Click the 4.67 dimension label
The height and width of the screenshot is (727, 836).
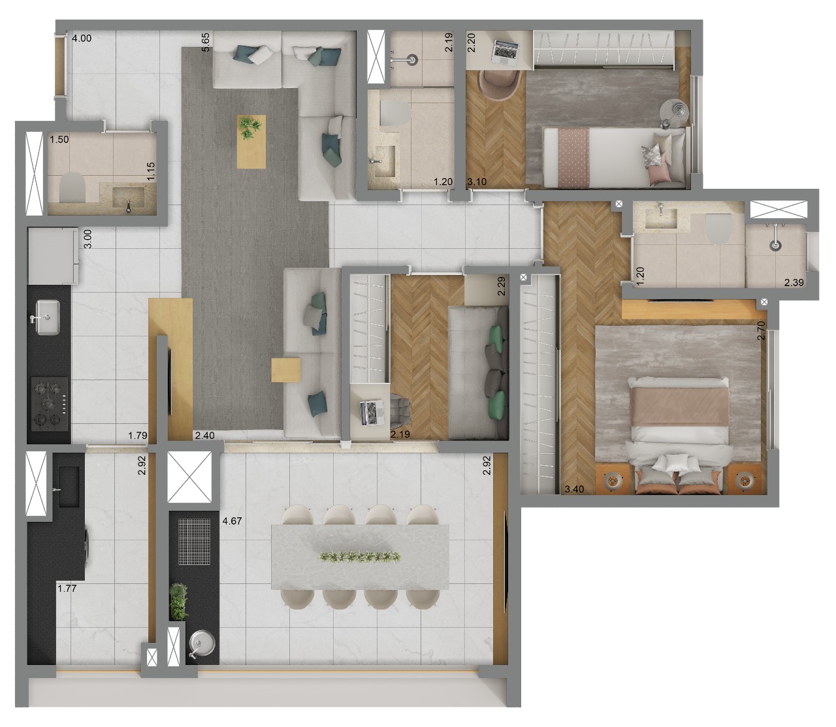232,521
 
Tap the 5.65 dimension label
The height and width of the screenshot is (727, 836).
206,42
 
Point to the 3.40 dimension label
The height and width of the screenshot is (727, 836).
574,489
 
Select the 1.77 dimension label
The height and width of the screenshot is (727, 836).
67,589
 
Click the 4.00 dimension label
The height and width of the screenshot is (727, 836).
82,39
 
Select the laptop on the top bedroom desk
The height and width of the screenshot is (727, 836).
505,52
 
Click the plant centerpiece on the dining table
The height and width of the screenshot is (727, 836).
360,557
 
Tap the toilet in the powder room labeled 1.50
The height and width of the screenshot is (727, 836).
72,188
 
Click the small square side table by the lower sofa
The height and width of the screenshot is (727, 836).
285,370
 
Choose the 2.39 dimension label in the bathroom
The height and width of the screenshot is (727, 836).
794,282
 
